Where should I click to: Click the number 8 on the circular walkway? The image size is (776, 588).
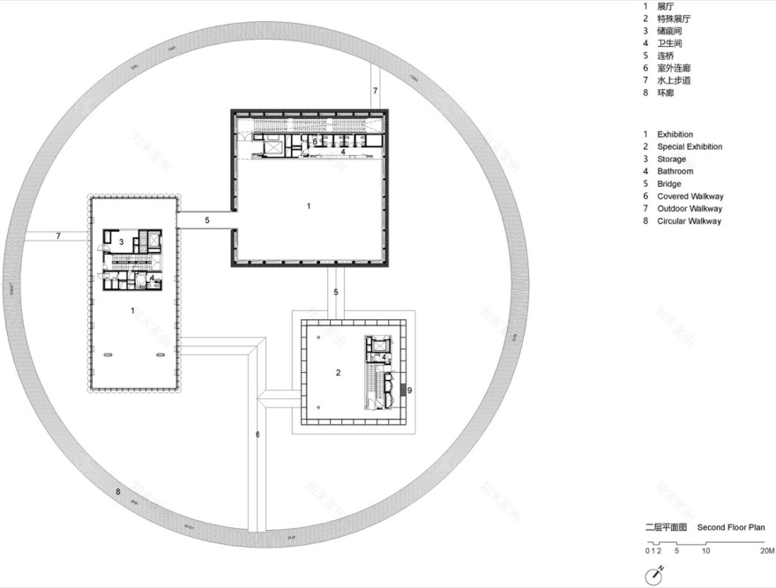[117, 491]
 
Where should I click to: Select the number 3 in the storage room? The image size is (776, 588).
[121, 241]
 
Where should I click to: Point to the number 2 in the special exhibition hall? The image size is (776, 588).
[338, 373]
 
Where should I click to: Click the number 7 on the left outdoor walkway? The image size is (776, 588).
[58, 236]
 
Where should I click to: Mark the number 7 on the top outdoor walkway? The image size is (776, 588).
[375, 91]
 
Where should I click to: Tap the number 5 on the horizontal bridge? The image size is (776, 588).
[206, 220]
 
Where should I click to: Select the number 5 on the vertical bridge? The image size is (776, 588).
[335, 292]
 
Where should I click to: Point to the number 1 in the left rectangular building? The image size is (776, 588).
[132, 310]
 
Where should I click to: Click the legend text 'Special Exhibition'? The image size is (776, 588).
[689, 146]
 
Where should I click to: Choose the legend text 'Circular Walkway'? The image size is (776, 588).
[689, 221]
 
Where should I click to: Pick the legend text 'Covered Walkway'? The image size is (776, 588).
[690, 196]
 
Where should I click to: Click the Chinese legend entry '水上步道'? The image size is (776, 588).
[674, 80]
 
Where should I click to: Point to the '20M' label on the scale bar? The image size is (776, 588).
[766, 550]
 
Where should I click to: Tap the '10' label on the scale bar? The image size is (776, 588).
[705, 550]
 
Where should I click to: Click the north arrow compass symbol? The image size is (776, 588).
[654, 575]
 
